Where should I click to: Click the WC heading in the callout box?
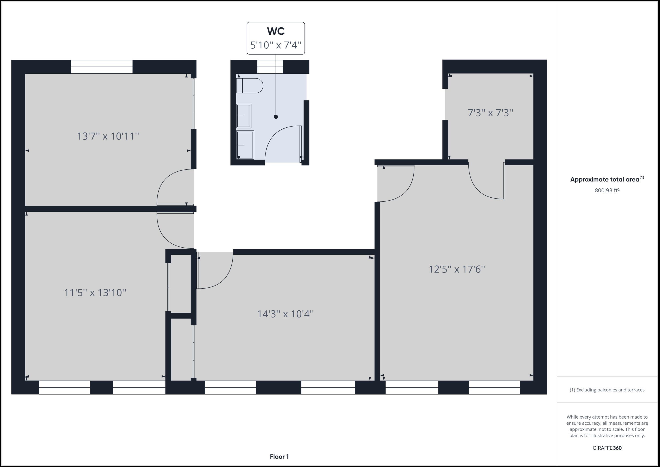[275, 31]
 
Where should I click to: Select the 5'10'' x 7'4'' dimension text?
[275, 45]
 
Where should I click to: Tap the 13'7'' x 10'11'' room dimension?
[108, 136]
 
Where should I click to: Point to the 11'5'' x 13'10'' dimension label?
[95, 292]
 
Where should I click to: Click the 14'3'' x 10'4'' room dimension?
[285, 314]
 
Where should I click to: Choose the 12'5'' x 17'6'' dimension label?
[456, 269]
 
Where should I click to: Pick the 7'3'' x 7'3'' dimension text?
[490, 113]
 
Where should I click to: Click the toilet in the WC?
[249, 86]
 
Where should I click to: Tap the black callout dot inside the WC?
[276, 116]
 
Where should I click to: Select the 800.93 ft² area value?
[607, 190]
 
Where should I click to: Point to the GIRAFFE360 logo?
[607, 448]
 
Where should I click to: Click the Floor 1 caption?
[279, 457]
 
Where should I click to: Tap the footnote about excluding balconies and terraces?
[607, 390]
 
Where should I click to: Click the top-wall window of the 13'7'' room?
[101, 67]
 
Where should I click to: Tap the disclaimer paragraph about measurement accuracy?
[607, 426]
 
